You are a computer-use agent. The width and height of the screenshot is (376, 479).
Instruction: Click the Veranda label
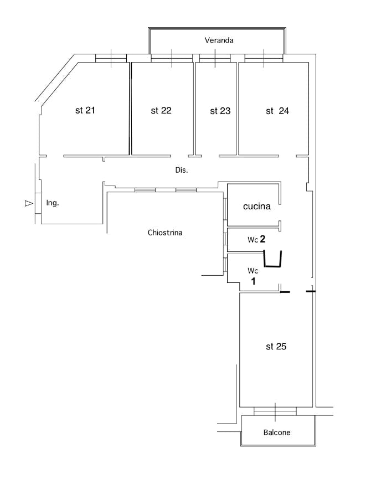[219, 40]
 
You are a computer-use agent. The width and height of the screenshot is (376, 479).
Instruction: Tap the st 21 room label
[85, 110]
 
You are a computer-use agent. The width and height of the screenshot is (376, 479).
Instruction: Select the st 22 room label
[161, 111]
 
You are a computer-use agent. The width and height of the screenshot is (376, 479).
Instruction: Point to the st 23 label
[220, 111]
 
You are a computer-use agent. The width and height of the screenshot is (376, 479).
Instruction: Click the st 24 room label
[277, 111]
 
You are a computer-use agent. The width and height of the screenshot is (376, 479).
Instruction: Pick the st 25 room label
[276, 347]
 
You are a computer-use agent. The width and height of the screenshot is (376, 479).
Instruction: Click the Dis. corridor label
[182, 170]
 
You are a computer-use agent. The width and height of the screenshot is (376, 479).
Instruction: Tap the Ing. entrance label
[53, 203]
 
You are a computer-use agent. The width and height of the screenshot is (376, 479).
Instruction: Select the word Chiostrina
[165, 233]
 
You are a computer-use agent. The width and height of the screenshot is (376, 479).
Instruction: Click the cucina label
[257, 207]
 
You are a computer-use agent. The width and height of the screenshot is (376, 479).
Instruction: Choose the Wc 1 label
[253, 276]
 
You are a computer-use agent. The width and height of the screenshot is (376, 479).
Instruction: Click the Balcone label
[276, 432]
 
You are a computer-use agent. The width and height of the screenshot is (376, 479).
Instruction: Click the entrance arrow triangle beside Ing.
[29, 204]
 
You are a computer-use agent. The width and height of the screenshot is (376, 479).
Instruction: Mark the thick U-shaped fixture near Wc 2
[272, 260]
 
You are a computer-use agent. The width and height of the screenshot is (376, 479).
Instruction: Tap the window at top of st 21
[111, 58]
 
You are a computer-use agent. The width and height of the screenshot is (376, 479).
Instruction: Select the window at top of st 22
[172, 58]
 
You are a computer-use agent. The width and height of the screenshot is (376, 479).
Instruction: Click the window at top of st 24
[264, 58]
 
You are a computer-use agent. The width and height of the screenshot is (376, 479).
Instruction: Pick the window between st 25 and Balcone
[275, 411]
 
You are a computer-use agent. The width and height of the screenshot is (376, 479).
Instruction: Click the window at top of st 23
[215, 58]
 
